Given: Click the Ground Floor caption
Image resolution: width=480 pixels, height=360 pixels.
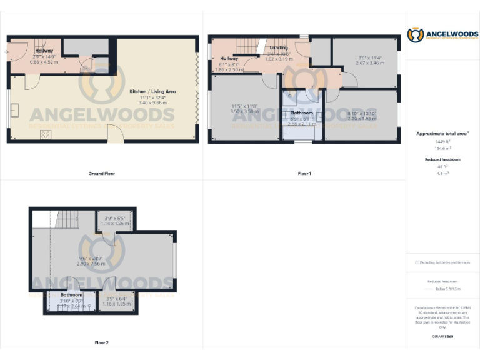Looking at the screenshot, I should pos(101,173).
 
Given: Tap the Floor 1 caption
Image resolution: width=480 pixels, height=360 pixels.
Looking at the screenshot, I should pos(304,173).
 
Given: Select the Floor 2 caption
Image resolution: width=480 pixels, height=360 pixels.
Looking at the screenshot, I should pos(101,342).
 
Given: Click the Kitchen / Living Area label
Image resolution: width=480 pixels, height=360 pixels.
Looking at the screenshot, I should pos(153,92).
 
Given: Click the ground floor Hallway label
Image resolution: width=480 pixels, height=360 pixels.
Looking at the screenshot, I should pos(44,51).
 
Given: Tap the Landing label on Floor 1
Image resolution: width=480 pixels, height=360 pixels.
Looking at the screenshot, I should pos(278,48).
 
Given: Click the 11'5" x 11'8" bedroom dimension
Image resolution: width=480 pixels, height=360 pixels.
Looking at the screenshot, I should pos(241,107).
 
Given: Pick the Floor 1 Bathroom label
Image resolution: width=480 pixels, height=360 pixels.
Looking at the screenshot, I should pos(302,113).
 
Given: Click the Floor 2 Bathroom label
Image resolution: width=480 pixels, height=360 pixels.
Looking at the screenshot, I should pos(71,295).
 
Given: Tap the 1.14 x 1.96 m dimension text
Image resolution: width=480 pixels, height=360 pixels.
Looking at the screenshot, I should pos(114,224).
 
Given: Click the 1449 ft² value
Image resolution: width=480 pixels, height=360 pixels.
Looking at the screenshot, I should pos(442,142).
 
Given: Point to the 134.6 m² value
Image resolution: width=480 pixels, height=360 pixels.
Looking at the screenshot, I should pos(442,149).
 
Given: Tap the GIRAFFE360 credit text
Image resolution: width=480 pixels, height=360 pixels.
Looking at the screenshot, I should pos(442,337).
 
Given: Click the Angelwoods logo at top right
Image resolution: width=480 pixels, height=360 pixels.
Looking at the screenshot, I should pos(442,36).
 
